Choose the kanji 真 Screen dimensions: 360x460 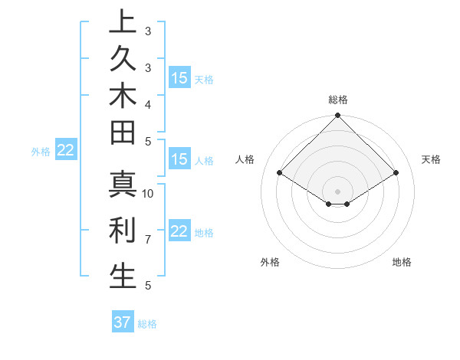click(x=123, y=183)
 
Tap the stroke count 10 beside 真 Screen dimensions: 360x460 click(x=148, y=193)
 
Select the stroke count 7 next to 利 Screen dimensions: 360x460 click(x=148, y=240)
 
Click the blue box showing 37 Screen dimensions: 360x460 click(x=123, y=322)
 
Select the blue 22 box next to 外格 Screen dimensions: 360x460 click(x=66, y=151)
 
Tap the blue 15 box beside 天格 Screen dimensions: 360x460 click(x=179, y=77)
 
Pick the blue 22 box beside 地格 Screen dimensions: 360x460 click(x=179, y=231)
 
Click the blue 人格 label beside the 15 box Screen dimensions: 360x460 click(x=204, y=161)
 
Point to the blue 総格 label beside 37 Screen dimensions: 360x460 click(x=147, y=324)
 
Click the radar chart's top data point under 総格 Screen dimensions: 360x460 click(x=337, y=116)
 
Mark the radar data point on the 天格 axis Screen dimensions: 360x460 click(x=396, y=173)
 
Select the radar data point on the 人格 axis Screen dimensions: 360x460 click(x=280, y=173)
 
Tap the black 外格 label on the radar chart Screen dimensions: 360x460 click(x=270, y=263)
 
